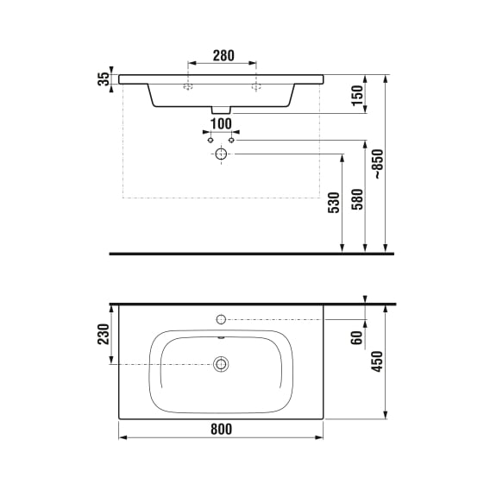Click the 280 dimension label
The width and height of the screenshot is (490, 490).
tap(223, 55)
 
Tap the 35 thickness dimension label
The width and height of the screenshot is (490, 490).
tap(104, 79)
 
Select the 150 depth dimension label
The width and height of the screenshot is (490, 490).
tap(358, 96)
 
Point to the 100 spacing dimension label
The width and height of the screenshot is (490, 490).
tap(221, 123)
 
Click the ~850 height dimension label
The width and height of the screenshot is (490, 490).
tap(379, 164)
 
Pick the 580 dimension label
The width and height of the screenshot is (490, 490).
tap(358, 199)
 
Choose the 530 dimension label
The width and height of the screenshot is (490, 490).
tap(334, 203)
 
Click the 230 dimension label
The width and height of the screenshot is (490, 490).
tap(104, 334)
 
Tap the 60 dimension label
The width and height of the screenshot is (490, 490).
tap(356, 337)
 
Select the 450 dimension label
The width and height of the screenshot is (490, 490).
tap(377, 361)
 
